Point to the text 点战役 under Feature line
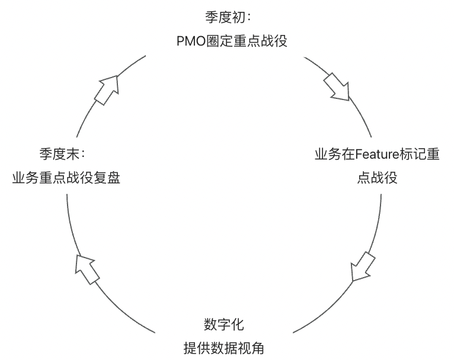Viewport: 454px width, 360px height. point(377,178)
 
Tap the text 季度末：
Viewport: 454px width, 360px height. point(63,155)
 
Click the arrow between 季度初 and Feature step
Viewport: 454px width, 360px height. point(336,86)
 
